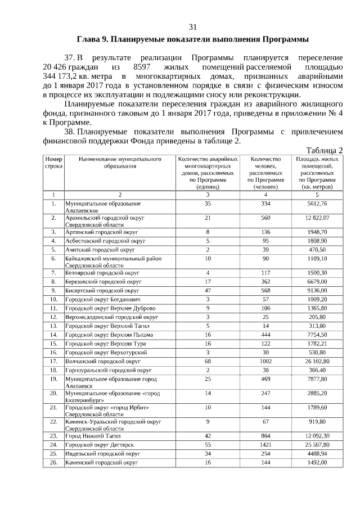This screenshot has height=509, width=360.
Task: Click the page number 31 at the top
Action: pos(192,27)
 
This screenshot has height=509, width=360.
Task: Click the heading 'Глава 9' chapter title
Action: pos(192,40)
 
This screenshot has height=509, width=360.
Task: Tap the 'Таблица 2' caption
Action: pos(324,150)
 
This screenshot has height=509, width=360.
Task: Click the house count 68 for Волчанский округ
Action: pos(208,361)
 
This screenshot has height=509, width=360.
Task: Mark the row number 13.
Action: pos(53,326)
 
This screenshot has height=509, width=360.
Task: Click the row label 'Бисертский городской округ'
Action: pos(102,290)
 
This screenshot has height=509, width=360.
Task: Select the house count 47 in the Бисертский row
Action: pos(208,290)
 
